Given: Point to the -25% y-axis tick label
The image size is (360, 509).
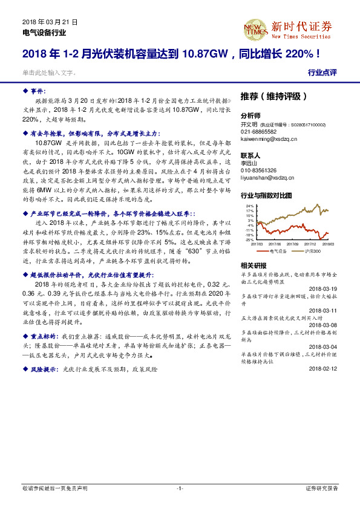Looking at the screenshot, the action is [x=249, y=240].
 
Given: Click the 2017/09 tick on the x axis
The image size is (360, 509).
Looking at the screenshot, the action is [x=293, y=245].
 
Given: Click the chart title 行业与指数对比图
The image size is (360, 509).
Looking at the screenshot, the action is [x=266, y=196].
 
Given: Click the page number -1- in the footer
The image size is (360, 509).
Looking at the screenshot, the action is [x=180, y=488].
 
